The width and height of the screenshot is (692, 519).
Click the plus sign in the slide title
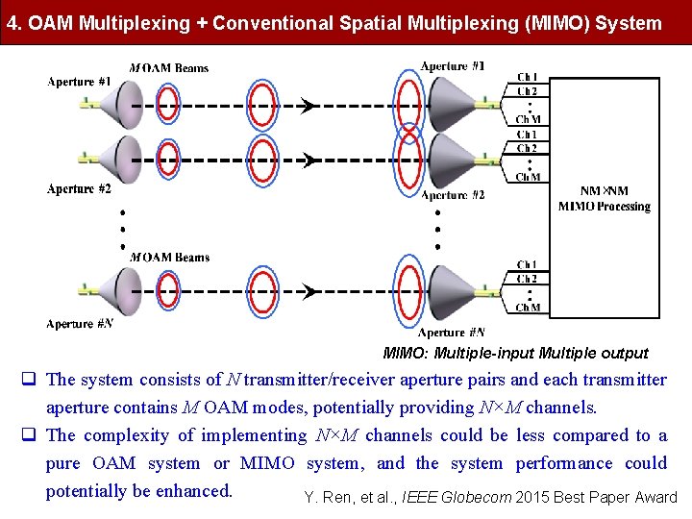click(201, 23)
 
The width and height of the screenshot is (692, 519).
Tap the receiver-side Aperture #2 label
click(453, 195)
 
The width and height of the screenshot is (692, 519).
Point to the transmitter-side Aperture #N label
click(80, 324)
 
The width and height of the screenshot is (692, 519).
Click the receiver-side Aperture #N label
click(453, 333)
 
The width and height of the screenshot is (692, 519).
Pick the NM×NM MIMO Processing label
click(605, 199)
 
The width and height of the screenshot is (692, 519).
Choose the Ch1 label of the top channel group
click(528, 78)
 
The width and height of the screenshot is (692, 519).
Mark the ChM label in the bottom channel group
click(528, 308)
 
